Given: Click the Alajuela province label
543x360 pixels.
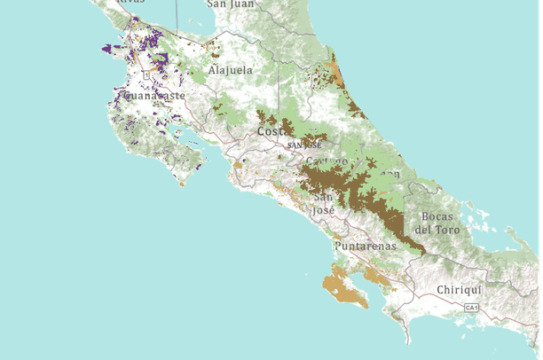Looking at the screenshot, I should tap(231, 69).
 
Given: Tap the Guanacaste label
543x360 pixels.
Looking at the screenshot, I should tap(155, 95).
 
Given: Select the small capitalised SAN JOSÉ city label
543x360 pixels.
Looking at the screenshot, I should tap(303, 145).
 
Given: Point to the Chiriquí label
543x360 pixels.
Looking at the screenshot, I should tap(459, 290).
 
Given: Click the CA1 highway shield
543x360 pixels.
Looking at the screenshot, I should tap(472, 308).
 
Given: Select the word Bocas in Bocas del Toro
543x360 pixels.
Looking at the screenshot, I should tap(438, 216).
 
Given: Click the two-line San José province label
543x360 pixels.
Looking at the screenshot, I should tap(324, 203).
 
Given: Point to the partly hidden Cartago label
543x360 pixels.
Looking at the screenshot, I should tap(327, 160).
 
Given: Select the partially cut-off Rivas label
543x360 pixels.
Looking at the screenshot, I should tap(131, 3).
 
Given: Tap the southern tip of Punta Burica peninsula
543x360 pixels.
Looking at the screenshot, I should tap(408, 341).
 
